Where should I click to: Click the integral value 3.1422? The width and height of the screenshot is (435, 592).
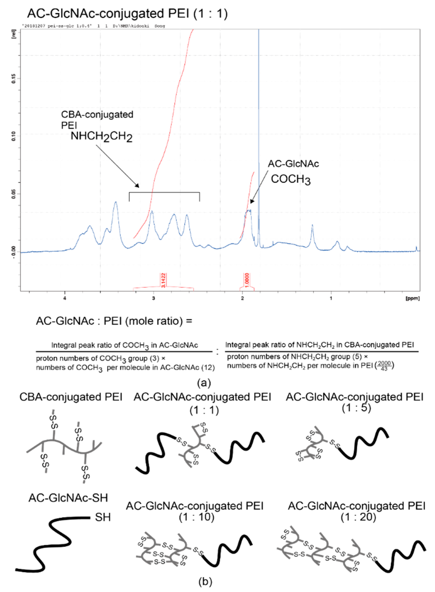[x=163, y=280]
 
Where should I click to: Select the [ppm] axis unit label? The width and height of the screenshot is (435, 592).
[x=413, y=299]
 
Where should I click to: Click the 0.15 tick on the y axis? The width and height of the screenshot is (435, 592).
[x=14, y=79]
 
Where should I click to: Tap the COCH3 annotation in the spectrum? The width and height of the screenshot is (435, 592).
[x=291, y=180]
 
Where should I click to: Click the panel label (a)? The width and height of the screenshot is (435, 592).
[x=204, y=383]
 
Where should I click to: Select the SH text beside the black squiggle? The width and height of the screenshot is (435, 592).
[x=103, y=518]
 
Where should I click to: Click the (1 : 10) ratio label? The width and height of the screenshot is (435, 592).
[x=196, y=517]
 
